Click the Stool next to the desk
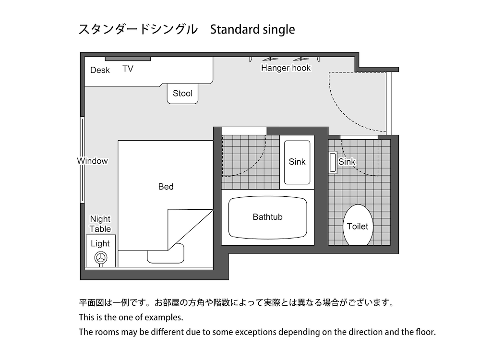182,93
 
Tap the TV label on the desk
128,69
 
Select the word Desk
100,70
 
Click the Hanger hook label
286,68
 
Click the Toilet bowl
358,226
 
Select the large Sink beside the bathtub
297,162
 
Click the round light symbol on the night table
101,258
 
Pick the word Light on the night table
100,244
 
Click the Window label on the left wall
93,161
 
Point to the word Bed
166,187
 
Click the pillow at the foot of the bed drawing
166,253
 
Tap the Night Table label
100,224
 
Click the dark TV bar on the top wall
128,59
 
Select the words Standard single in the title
252,30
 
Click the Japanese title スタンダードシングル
138,30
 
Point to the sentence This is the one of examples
131,318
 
